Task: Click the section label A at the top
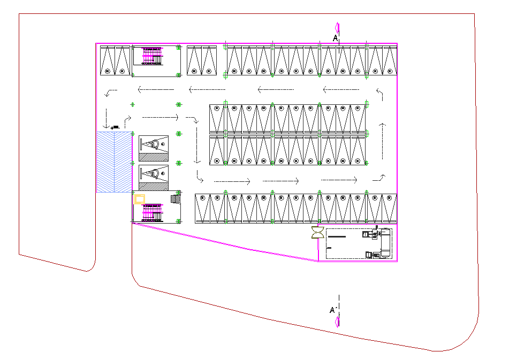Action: click(336, 39)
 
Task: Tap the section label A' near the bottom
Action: click(333, 310)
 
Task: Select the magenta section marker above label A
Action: click(338, 28)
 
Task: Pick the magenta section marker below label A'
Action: click(338, 321)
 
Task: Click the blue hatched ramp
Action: click(114, 162)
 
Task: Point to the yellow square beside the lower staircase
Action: click(139, 199)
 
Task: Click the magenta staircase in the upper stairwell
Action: click(152, 56)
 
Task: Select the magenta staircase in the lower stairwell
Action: click(152, 213)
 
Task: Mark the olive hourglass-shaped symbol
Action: click(317, 233)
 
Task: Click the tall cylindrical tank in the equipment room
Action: click(385, 243)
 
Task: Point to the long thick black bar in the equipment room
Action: click(337, 237)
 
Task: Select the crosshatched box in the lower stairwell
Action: click(176, 199)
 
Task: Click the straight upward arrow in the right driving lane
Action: click(382, 141)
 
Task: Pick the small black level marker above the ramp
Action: click(115, 127)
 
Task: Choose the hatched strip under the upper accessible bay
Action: click(154, 157)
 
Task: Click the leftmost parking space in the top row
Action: click(108, 60)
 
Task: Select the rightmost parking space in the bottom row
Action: click(390, 209)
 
